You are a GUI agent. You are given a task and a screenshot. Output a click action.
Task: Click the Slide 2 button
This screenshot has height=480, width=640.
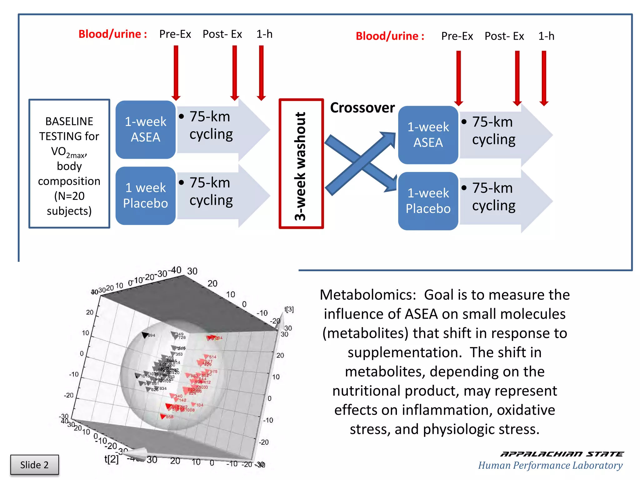(x=34, y=465)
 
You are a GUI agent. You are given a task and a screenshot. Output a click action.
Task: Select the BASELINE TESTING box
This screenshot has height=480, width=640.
(x=69, y=164)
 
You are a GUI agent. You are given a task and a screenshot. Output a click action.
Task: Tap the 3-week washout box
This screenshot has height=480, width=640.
(x=301, y=164)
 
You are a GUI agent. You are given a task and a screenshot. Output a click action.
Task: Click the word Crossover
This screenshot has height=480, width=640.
(x=362, y=108)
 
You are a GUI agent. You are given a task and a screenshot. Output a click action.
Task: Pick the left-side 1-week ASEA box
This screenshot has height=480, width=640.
(x=145, y=129)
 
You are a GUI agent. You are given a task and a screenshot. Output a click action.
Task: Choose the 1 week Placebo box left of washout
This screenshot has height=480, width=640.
(x=145, y=196)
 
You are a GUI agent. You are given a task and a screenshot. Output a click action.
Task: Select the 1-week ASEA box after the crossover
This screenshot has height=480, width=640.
(x=428, y=135)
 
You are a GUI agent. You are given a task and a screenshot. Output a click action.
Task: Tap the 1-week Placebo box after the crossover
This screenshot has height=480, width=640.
(x=428, y=201)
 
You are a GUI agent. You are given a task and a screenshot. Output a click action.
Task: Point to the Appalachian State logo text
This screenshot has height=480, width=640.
(x=562, y=454)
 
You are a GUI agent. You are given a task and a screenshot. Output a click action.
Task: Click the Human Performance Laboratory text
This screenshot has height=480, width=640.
(x=550, y=465)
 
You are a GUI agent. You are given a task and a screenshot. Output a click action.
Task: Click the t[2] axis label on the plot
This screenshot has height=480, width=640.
(x=111, y=459)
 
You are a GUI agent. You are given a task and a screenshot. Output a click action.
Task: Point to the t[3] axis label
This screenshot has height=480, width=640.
(x=289, y=309)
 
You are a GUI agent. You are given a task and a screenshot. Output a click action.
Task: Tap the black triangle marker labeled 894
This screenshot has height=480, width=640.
(x=145, y=335)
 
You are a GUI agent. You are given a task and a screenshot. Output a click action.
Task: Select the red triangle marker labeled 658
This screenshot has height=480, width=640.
(x=163, y=416)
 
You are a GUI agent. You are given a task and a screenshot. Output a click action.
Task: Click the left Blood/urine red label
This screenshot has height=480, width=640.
(x=112, y=34)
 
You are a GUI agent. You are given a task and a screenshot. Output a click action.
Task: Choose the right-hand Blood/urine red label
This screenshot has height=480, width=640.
(x=390, y=36)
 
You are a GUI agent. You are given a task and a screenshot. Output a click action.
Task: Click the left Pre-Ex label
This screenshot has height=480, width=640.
(x=175, y=34)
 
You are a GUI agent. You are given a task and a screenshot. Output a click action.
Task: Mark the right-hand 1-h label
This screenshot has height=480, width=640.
(x=546, y=36)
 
